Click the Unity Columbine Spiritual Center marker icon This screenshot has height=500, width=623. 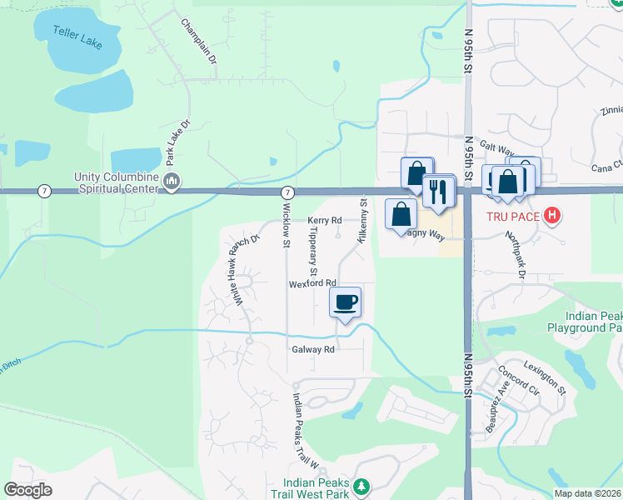click(x=172, y=182)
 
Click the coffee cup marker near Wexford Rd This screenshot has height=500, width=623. click(x=346, y=302)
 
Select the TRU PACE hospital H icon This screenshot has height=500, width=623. click(x=551, y=217)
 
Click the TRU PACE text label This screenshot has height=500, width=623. click(x=514, y=217)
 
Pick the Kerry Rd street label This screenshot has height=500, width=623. click(x=325, y=221)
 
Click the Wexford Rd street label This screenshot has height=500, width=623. click(x=312, y=283)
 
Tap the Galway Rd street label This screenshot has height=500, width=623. click(x=312, y=349)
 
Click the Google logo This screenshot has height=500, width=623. click(x=28, y=490)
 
